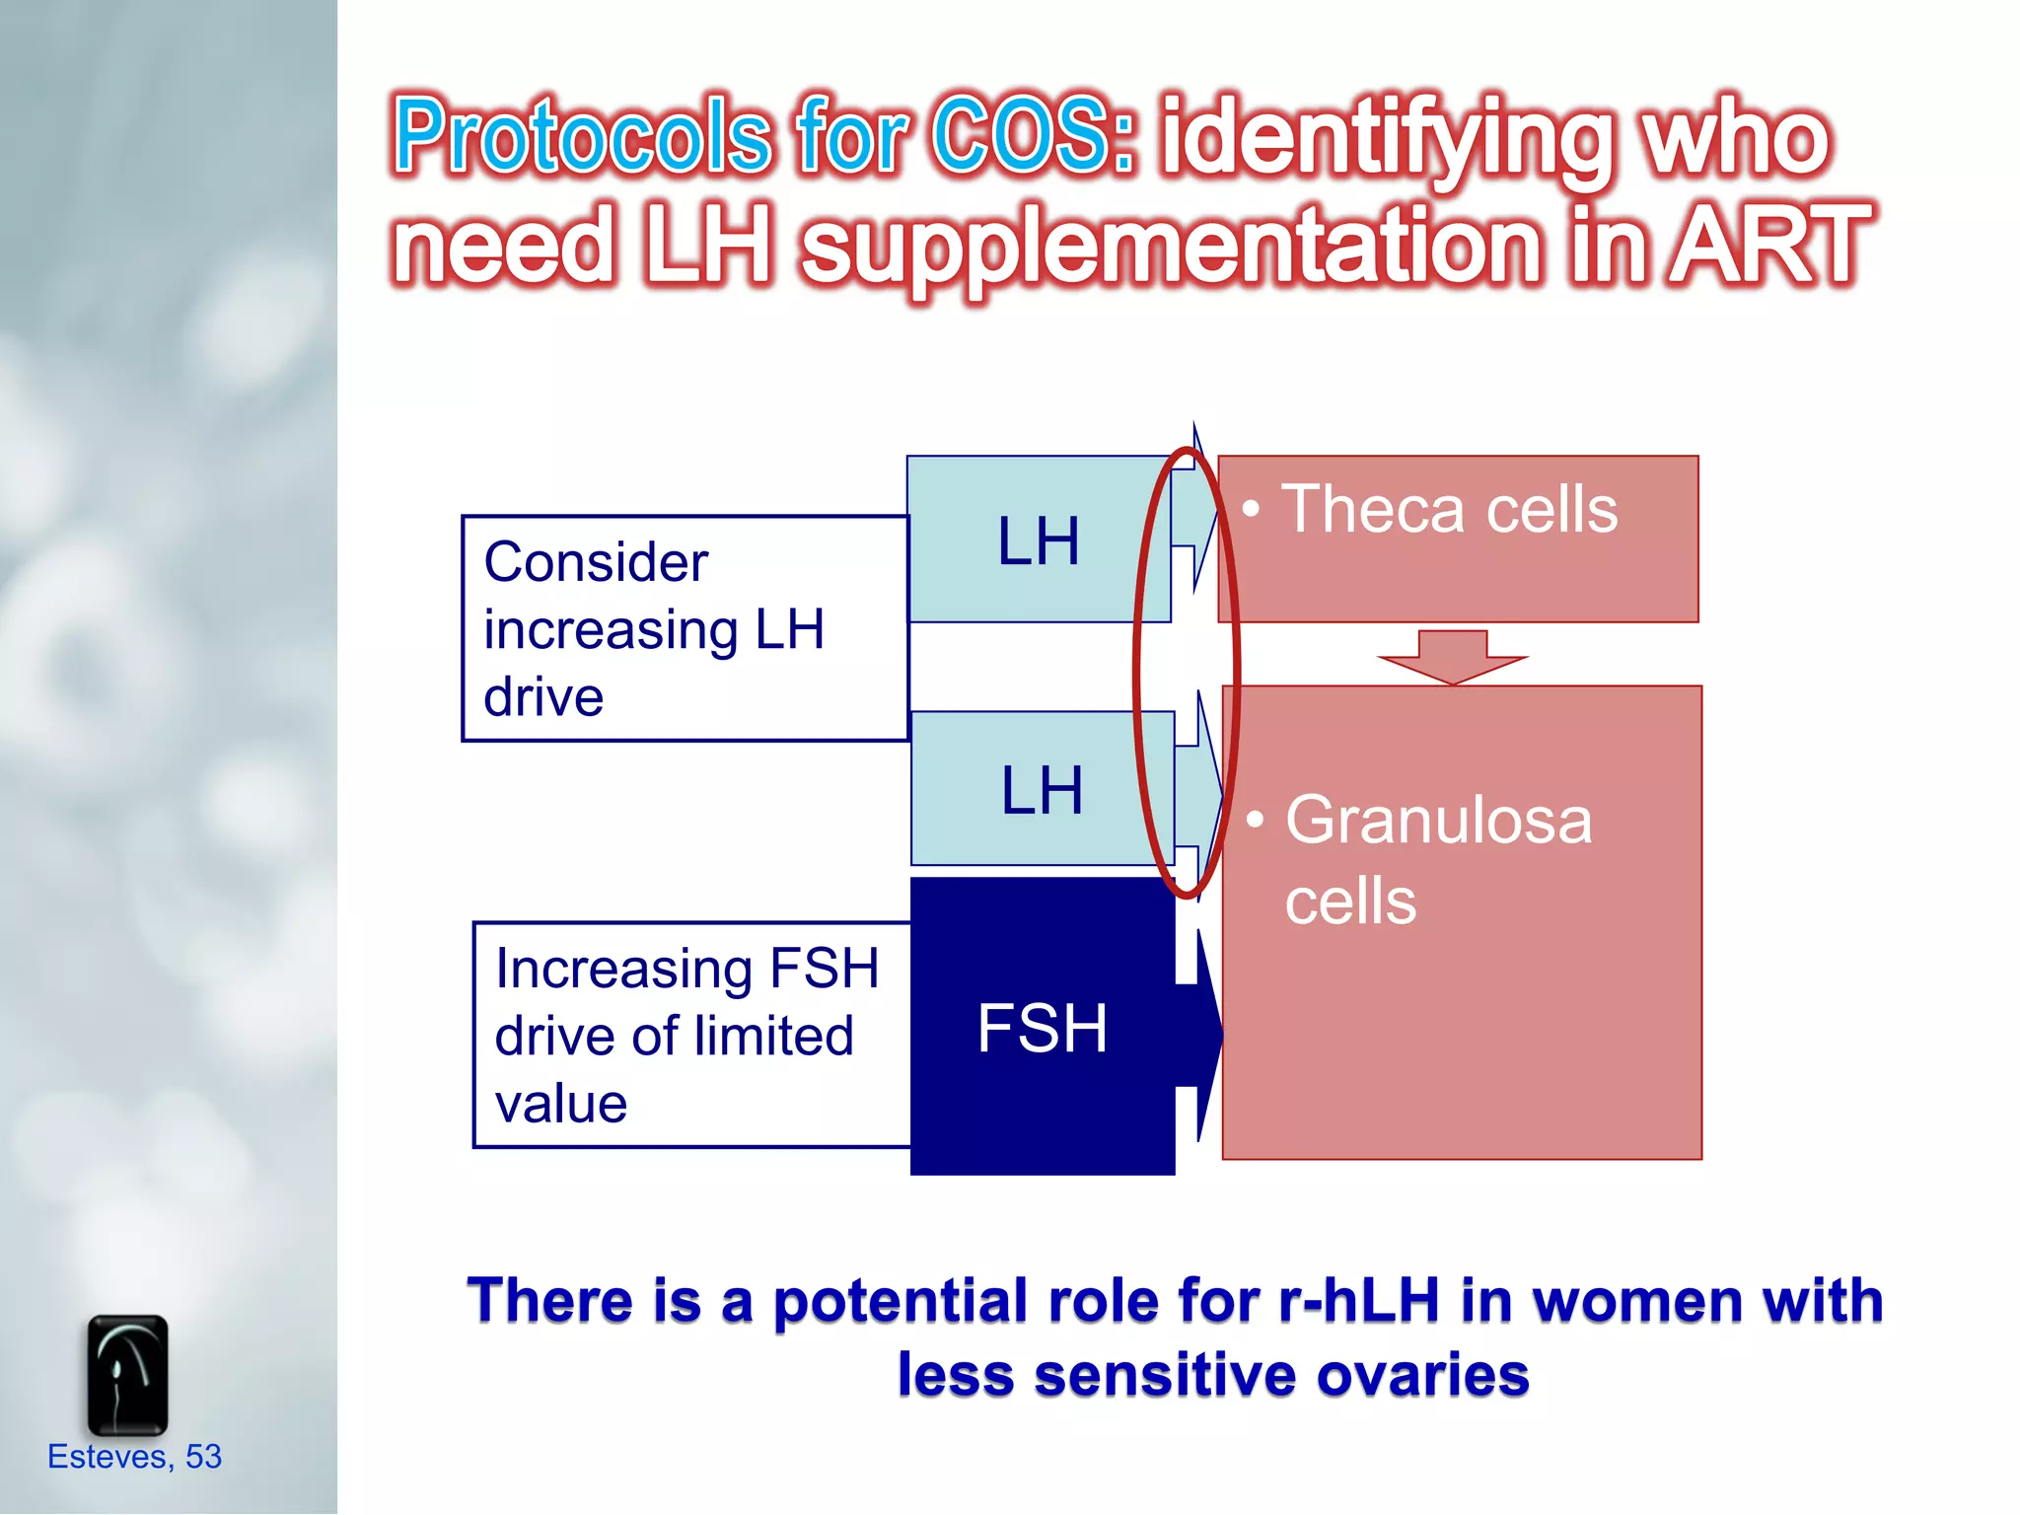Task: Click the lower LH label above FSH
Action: pos(1042,790)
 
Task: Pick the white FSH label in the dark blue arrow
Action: pos(1042,1028)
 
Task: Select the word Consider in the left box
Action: pos(596,562)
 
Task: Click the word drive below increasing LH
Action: pos(543,697)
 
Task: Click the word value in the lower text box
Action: pos(561,1103)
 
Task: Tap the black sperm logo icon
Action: pos(127,1375)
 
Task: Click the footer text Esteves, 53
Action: pos(135,1456)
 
